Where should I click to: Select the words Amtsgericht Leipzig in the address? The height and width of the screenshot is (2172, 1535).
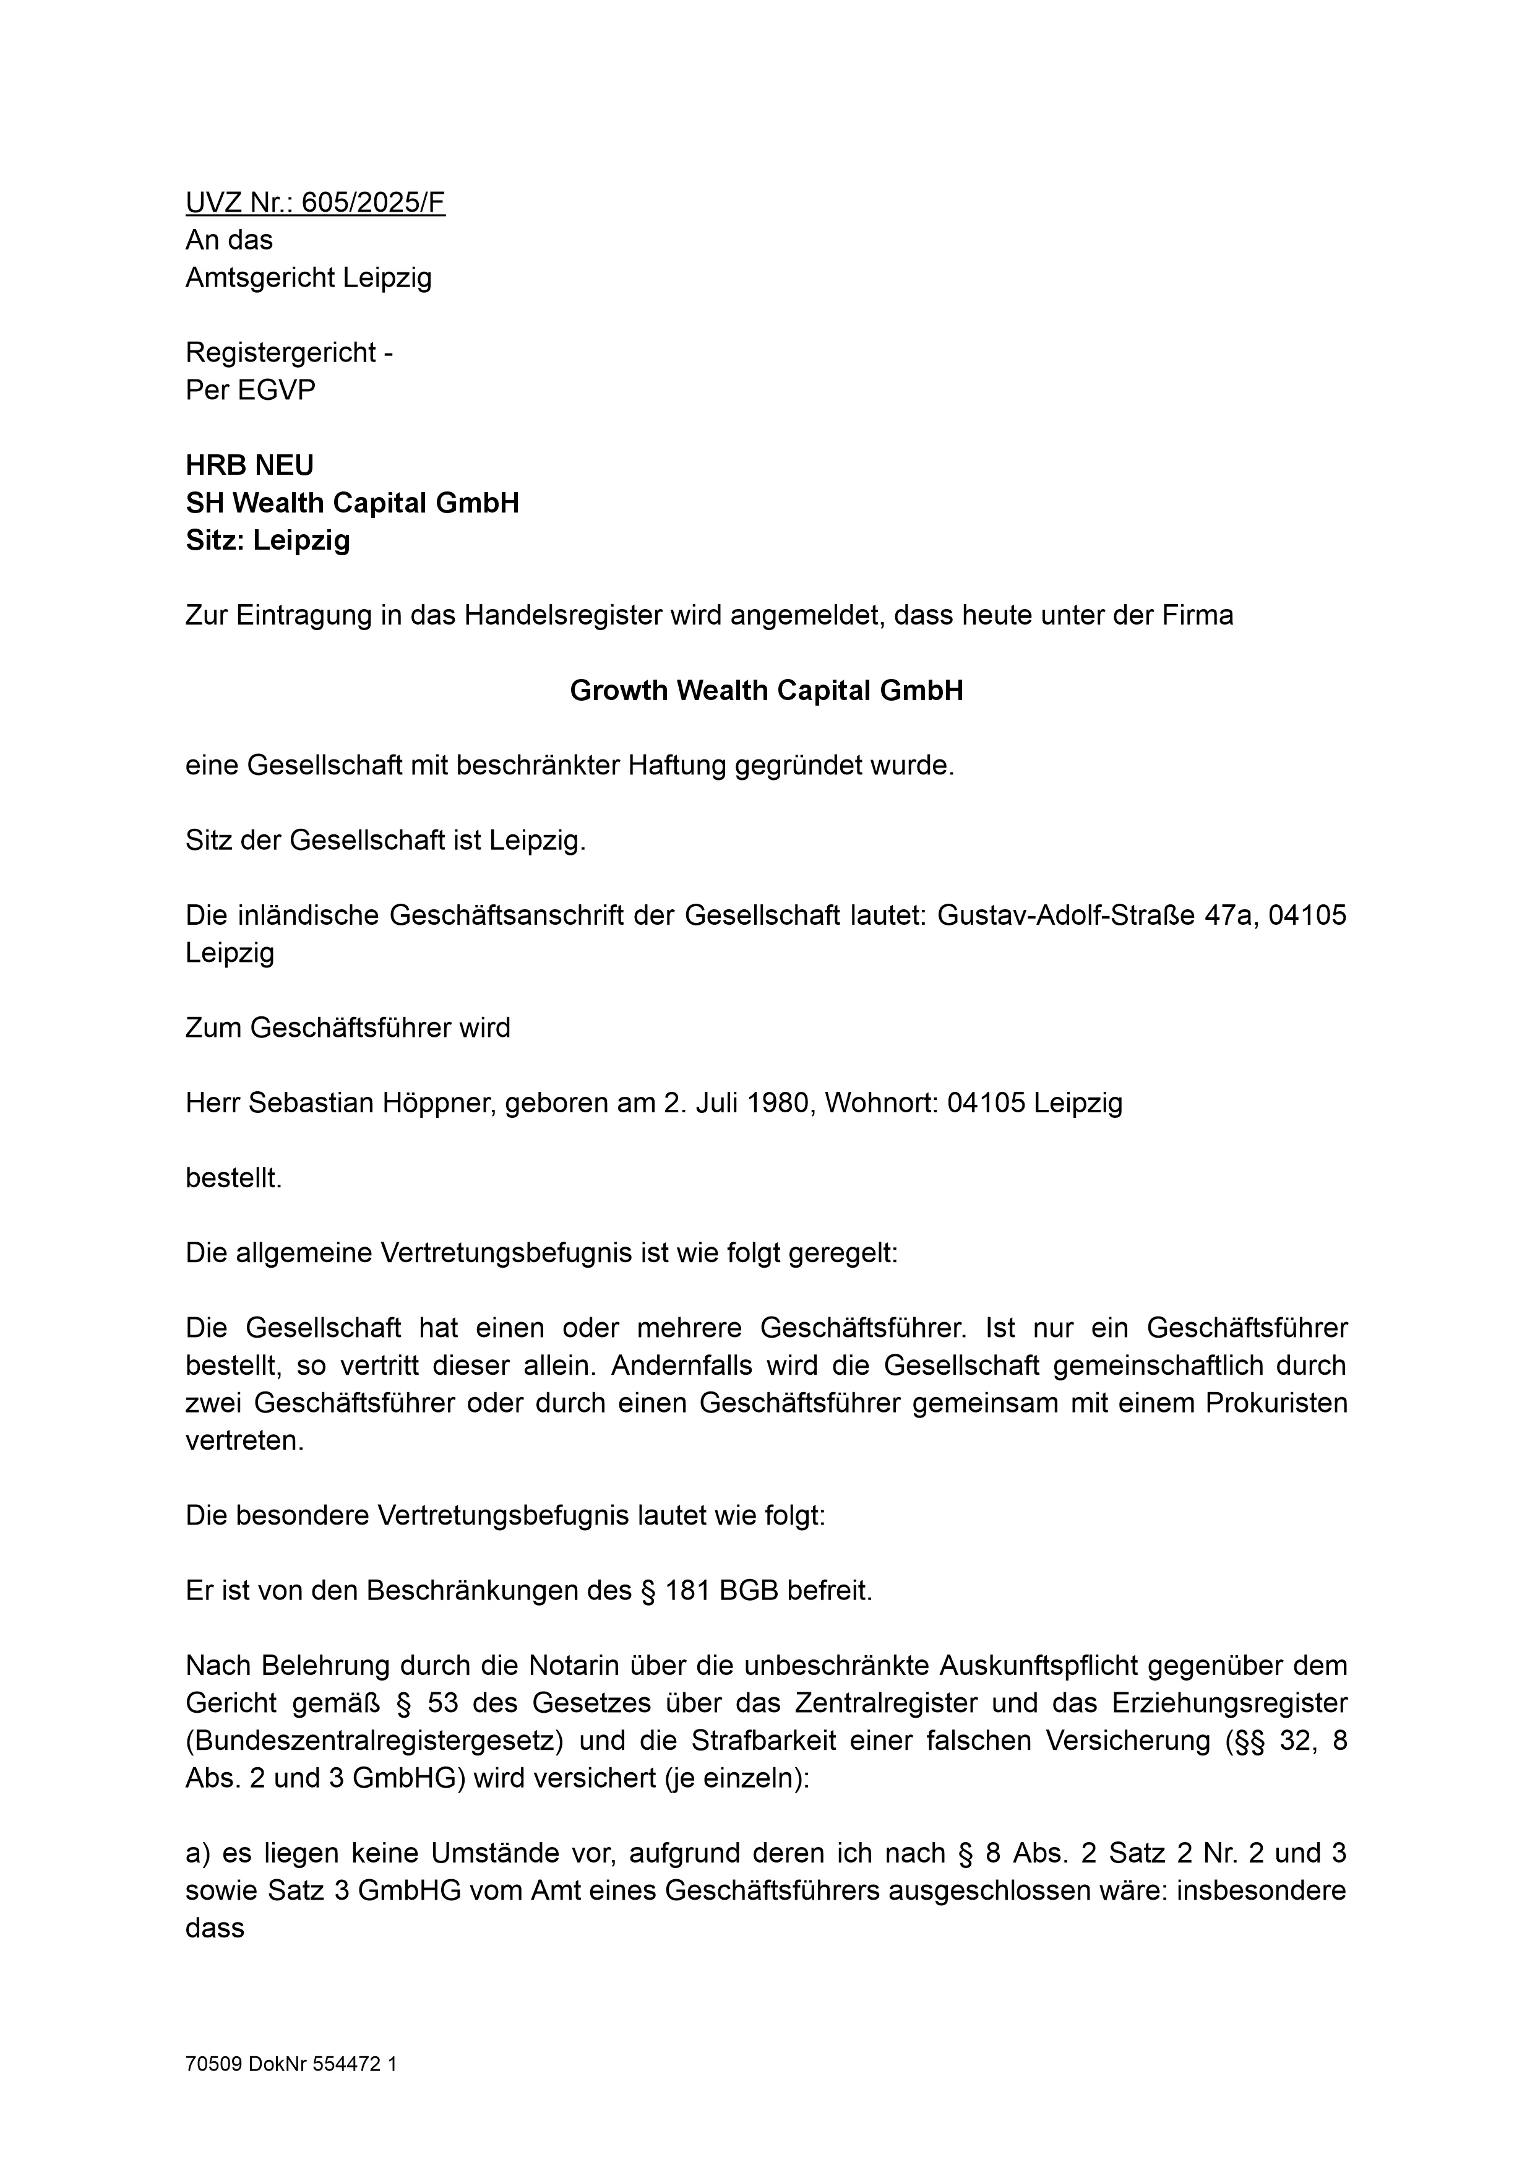pos(308,278)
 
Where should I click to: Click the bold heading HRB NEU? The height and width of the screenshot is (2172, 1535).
pos(250,465)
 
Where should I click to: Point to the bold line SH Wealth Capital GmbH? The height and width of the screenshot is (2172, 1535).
pos(352,503)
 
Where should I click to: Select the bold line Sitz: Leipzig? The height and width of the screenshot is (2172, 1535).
pos(268,540)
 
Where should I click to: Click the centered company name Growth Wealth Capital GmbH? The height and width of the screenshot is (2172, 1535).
pos(766,691)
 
